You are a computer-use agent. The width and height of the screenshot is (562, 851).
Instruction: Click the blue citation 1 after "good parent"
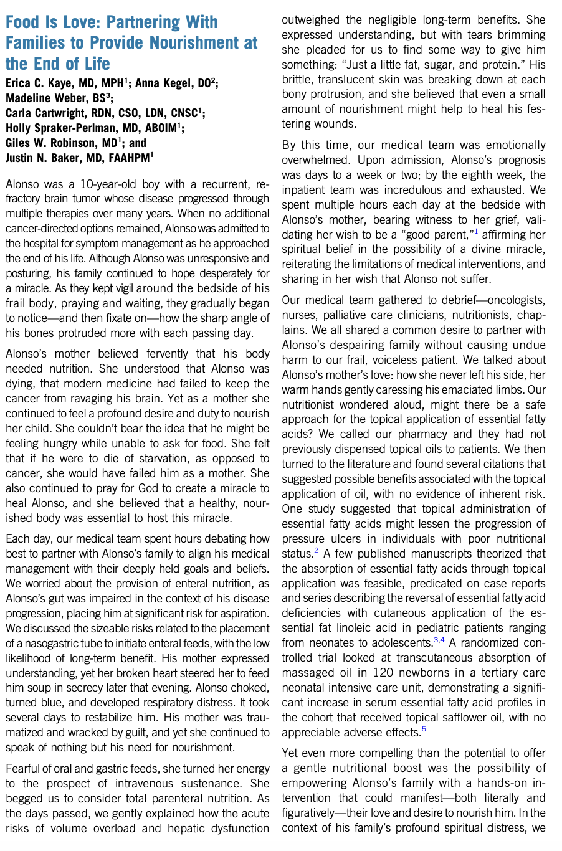[477, 232]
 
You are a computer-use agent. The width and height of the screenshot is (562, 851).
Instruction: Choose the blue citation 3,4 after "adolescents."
[439, 640]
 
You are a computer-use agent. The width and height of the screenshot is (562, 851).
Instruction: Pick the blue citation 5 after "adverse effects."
[424, 729]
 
